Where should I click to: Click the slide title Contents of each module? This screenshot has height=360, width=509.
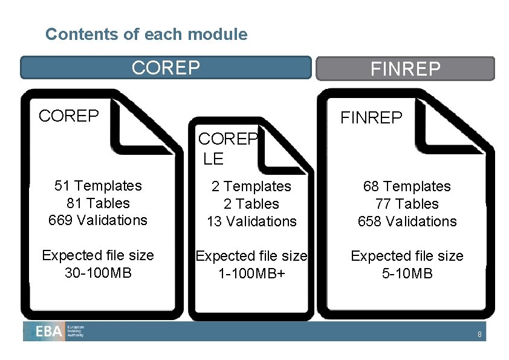click(x=146, y=34)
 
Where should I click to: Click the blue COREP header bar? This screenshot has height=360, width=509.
click(x=166, y=68)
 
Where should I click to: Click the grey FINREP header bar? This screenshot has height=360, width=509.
click(x=405, y=69)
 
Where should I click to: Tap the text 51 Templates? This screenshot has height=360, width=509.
click(x=98, y=186)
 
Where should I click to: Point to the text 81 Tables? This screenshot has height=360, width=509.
click(x=98, y=203)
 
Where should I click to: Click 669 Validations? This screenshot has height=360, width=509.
click(x=98, y=220)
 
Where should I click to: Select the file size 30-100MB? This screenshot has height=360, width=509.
click(x=98, y=272)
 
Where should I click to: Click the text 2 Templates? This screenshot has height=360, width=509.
click(x=251, y=186)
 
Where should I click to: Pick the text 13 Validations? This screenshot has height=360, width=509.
click(x=251, y=221)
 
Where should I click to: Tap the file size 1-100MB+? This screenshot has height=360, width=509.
click(x=251, y=273)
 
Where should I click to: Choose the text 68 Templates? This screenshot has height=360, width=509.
click(x=407, y=186)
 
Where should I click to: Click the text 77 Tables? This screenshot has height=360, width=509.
click(x=407, y=204)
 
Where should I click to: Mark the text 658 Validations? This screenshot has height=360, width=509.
click(x=407, y=221)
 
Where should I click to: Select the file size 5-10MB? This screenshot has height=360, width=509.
click(x=407, y=273)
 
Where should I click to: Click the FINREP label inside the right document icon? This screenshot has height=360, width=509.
click(x=371, y=117)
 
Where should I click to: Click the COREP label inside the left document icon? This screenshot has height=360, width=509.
click(x=68, y=116)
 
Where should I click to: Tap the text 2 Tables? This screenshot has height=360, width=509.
click(x=251, y=204)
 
